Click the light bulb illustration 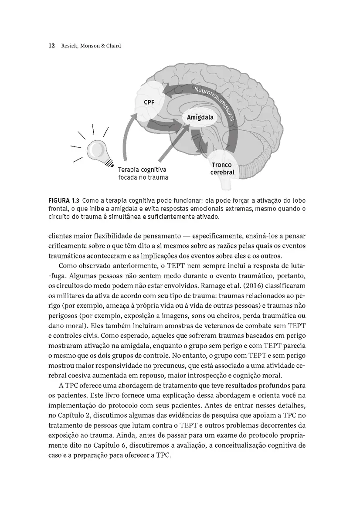98,151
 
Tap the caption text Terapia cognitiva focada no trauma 143,173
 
